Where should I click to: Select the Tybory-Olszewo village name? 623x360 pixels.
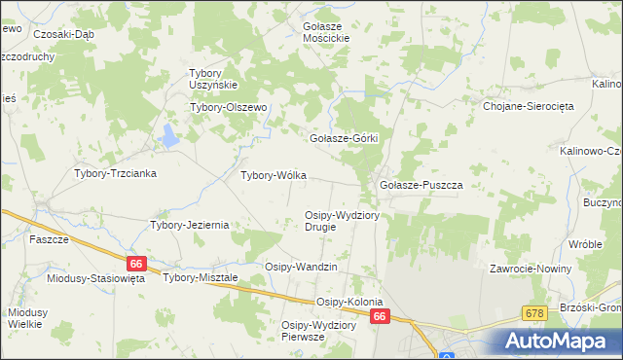coord(228,107)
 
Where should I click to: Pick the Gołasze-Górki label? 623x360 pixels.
coord(343,138)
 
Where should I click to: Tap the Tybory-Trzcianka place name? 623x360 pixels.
coord(116,173)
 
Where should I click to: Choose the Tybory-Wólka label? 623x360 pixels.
coord(274,176)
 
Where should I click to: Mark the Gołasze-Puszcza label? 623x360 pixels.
coord(420,184)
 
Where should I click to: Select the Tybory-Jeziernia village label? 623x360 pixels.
coord(189,225)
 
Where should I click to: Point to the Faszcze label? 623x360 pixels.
coord(48,238)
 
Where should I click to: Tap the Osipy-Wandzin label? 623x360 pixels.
coord(301,267)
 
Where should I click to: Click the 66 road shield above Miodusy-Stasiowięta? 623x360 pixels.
coord(135,263)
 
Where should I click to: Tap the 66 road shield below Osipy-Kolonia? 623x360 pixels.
coord(381,316)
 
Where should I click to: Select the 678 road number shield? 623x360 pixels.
coord(533,312)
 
